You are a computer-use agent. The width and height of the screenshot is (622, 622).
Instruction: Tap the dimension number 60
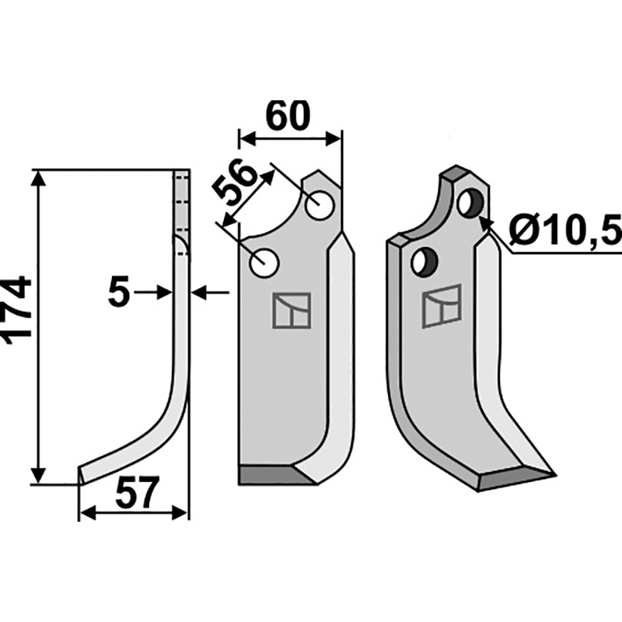(x=288, y=116)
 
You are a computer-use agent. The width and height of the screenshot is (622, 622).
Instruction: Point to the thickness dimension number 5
(x=119, y=293)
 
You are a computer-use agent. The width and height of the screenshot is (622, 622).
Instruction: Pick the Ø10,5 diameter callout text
(x=565, y=231)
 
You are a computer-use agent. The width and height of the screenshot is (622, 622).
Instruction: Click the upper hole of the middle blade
(x=320, y=206)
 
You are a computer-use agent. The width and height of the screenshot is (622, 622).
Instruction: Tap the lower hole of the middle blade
(x=264, y=263)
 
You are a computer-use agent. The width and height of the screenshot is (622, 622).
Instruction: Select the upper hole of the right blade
(x=470, y=203)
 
